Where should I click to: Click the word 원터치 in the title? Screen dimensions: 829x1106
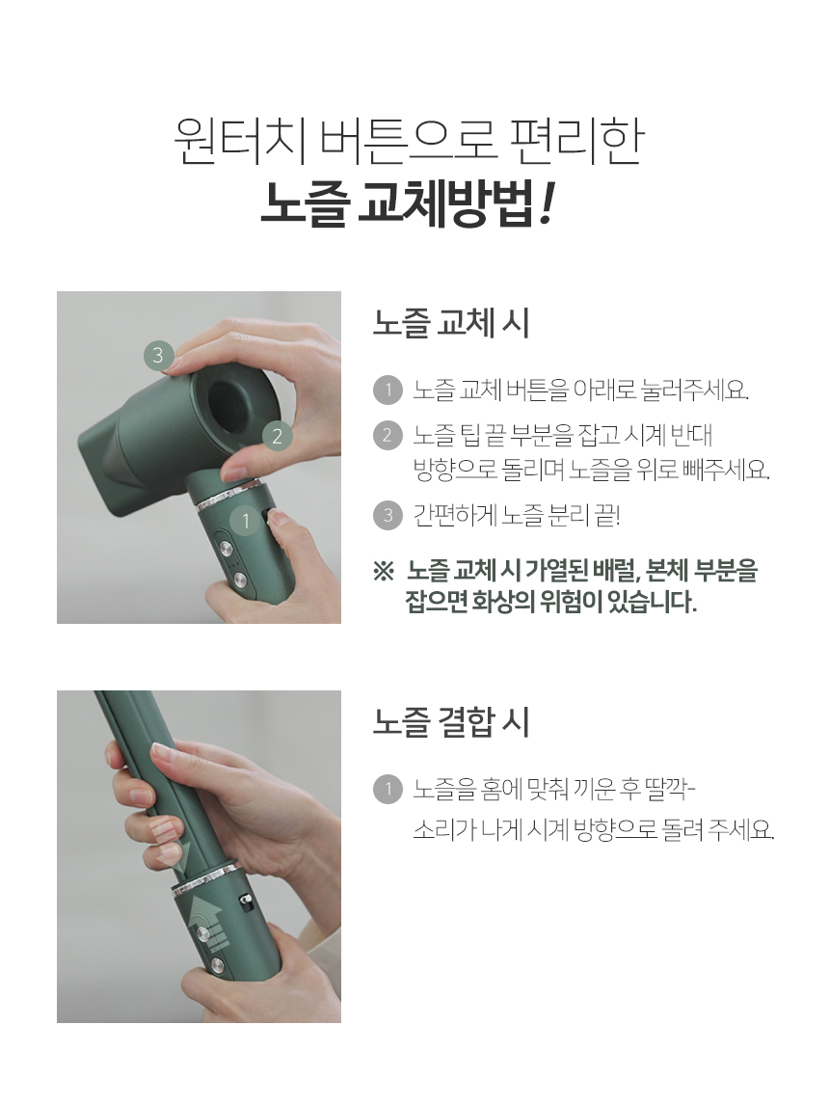coord(240,141)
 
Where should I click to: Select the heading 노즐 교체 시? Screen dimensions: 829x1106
coord(450,323)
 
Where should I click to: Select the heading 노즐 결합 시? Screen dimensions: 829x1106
coord(450,721)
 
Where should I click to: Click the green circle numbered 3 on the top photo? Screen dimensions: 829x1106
coord(158,355)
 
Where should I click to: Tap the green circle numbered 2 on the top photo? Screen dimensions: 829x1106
coord(277,436)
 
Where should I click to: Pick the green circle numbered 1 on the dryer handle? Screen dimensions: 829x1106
coord(245,522)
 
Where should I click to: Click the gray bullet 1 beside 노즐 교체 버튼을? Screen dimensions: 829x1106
coord(388,390)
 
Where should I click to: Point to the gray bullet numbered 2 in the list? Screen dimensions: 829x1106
coord(388,435)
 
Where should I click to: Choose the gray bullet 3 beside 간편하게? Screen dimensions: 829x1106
coord(388,516)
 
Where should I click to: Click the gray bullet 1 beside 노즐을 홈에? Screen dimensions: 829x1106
coord(388,790)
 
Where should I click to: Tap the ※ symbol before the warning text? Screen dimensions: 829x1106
coord(383,572)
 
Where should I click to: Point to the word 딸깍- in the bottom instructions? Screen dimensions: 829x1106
coord(669,789)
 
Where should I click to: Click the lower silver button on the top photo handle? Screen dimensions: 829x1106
coord(238,580)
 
